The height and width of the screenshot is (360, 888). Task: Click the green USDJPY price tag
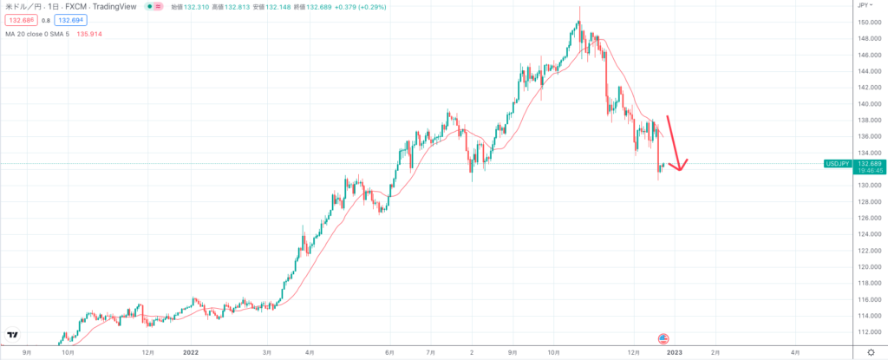coord(838,163)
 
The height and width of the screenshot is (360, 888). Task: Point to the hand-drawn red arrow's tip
coord(680,169)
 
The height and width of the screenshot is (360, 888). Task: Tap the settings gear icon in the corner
coord(871,352)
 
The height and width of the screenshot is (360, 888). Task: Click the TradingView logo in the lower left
coord(13,336)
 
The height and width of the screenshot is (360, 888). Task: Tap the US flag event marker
coord(663,337)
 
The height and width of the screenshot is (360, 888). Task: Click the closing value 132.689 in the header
coord(321,6)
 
